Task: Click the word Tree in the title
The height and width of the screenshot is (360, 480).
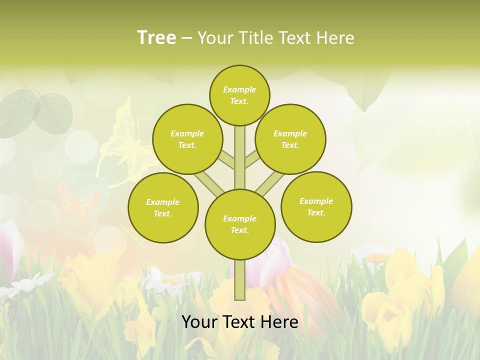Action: click(156, 37)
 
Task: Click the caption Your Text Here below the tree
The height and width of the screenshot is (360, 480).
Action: click(240, 322)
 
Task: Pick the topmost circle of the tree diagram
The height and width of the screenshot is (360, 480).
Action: click(239, 95)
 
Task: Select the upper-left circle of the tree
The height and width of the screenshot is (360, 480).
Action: click(187, 139)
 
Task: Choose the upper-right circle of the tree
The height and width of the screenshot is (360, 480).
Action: click(290, 139)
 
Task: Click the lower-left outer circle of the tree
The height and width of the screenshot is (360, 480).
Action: click(163, 207)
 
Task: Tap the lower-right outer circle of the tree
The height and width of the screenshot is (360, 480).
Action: click(316, 206)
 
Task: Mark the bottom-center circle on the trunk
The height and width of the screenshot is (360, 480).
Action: click(240, 224)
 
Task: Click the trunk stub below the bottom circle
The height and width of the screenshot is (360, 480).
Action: click(240, 280)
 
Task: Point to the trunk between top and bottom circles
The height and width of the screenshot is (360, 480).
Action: click(240, 160)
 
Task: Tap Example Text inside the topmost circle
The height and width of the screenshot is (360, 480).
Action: click(239, 95)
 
